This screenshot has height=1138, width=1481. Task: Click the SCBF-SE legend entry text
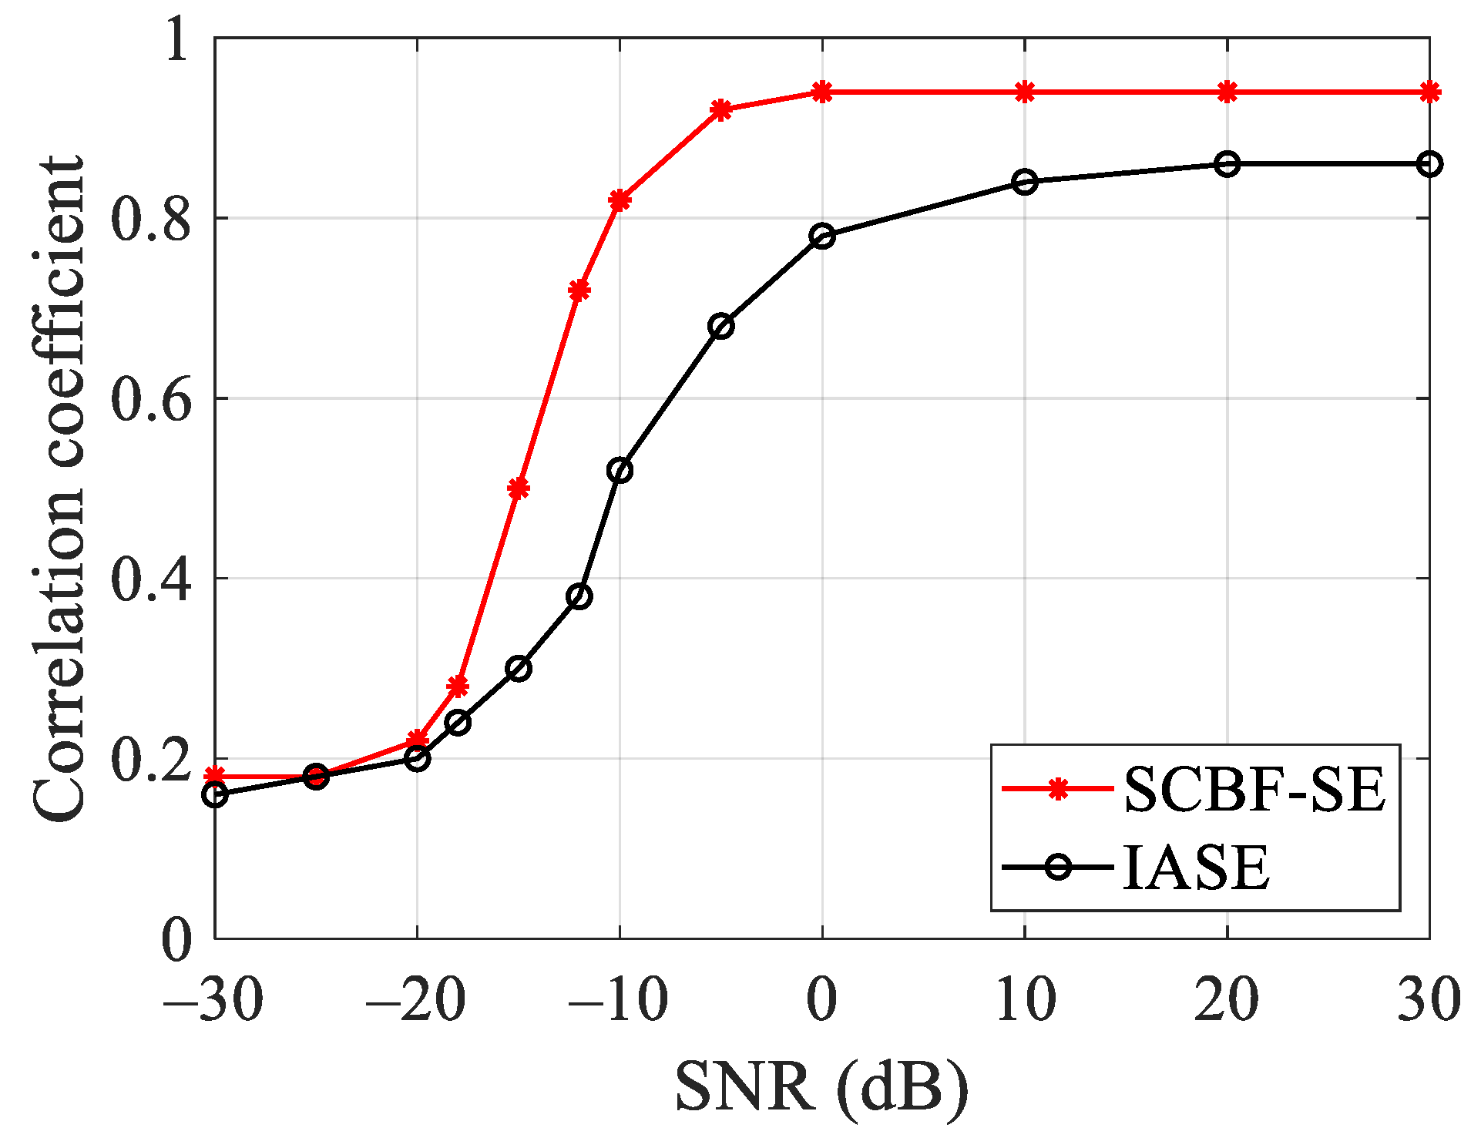1254,790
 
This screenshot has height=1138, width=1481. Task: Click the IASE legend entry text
1195,868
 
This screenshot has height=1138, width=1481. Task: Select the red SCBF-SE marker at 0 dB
822,92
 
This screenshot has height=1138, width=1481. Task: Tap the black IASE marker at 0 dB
822,236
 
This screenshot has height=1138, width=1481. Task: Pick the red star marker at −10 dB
620,200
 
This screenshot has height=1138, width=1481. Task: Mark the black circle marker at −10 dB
620,470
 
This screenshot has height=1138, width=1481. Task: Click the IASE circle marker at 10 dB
1025,183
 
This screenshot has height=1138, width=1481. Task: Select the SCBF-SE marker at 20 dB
1227,92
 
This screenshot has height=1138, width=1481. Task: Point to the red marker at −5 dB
720,110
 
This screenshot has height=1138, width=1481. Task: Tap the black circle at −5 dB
720,326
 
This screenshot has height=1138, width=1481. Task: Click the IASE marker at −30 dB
215,794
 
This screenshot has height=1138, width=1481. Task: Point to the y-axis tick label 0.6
150,399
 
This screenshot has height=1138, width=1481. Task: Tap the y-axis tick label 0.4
150,579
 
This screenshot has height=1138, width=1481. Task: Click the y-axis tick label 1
176,40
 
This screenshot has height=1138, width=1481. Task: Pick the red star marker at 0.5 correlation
519,488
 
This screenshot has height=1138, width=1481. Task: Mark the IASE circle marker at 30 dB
1429,164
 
